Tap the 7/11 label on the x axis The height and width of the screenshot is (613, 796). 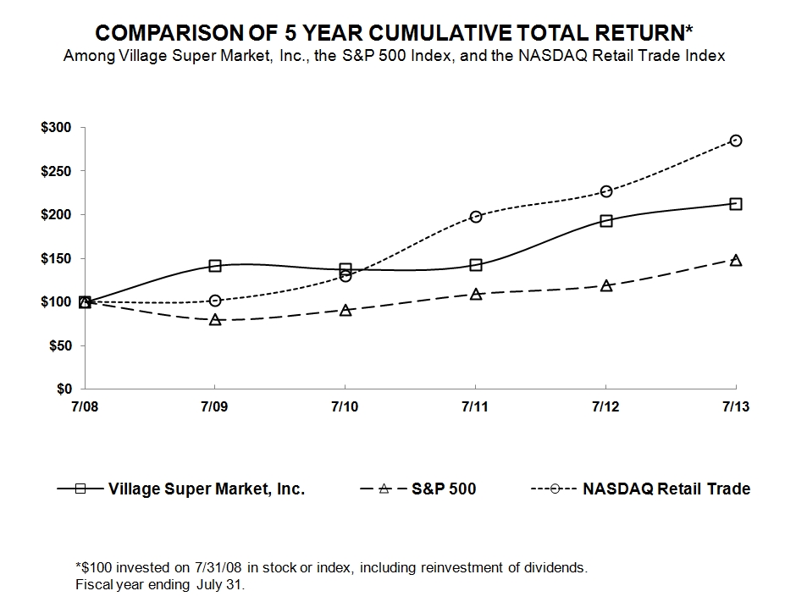pyautogui.click(x=475, y=407)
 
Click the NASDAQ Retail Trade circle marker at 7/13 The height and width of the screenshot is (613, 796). pyautogui.click(x=736, y=141)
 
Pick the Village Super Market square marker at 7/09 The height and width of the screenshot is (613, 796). pyautogui.click(x=215, y=266)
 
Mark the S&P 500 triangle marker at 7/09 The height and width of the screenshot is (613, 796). pyautogui.click(x=215, y=320)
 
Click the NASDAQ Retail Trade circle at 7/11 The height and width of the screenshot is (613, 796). pyautogui.click(x=475, y=217)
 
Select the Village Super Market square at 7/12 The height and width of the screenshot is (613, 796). pyautogui.click(x=605, y=221)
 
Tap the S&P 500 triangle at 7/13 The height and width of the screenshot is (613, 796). pyautogui.click(x=736, y=260)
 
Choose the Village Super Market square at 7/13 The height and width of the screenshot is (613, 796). pyautogui.click(x=736, y=204)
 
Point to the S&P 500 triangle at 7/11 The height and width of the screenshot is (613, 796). pyautogui.click(x=475, y=294)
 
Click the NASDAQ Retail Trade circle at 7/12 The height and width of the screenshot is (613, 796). pyautogui.click(x=605, y=191)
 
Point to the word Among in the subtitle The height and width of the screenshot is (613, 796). pyautogui.click(x=85, y=56)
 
